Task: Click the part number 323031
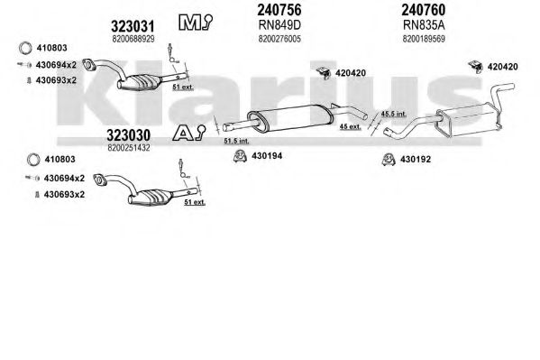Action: [x=133, y=26]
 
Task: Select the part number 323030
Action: [x=128, y=135]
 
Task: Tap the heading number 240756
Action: [x=279, y=10]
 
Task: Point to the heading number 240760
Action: [x=423, y=10]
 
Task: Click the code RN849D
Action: [x=279, y=25]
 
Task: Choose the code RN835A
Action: [x=424, y=25]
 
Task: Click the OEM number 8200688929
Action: [x=133, y=39]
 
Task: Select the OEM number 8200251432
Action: [x=128, y=148]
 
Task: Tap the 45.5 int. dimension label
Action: [x=394, y=114]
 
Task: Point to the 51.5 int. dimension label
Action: [x=236, y=141]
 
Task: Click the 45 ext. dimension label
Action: [x=351, y=126]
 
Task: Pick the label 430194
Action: [x=267, y=156]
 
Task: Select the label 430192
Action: [x=416, y=160]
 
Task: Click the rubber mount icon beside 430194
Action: [x=240, y=156]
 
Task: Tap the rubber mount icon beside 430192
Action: [x=389, y=160]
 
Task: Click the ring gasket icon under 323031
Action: [x=25, y=49]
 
